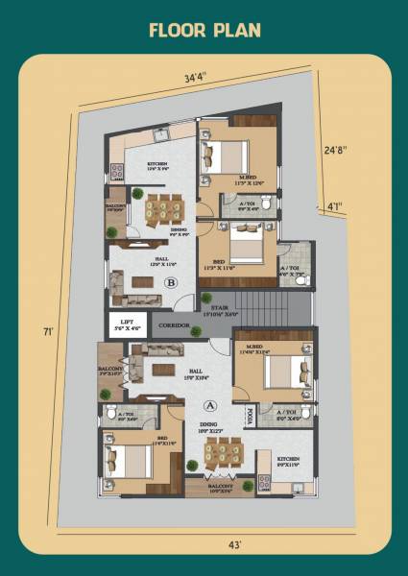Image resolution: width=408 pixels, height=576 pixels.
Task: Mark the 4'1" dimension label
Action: pyautogui.click(x=333, y=205)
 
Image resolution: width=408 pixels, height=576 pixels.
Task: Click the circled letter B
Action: pyautogui.click(x=171, y=282)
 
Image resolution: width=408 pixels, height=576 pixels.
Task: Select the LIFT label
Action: pyautogui.click(x=126, y=322)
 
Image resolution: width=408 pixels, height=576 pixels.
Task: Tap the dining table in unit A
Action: pyautogui.click(x=218, y=462)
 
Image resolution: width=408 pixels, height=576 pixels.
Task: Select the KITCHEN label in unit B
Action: pyautogui.click(x=157, y=164)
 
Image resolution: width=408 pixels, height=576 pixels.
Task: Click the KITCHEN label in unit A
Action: pyautogui.click(x=289, y=459)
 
